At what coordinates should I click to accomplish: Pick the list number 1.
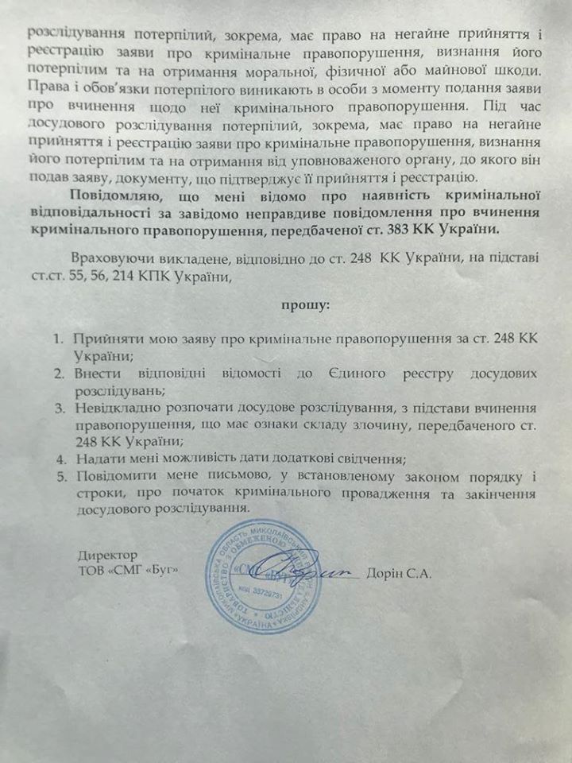[x=58, y=339]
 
